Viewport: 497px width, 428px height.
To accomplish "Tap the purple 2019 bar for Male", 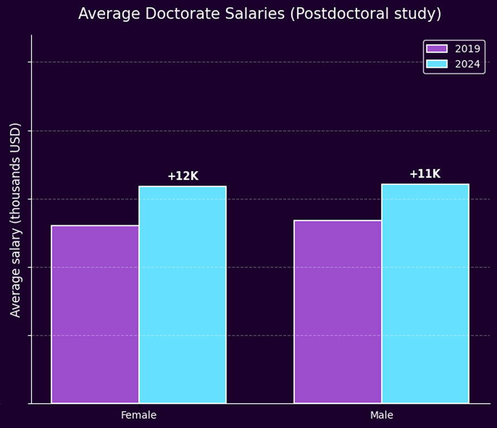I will (x=337, y=312).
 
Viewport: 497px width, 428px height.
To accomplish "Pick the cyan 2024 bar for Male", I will (x=425, y=293).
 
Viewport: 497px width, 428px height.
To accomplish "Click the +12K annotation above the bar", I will (x=182, y=177).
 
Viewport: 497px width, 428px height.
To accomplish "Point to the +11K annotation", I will (x=425, y=174).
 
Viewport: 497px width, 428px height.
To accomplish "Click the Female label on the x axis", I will (x=138, y=416).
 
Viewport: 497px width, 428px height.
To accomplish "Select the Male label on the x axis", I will (x=381, y=416).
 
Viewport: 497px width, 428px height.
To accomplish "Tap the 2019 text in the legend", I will (x=467, y=49).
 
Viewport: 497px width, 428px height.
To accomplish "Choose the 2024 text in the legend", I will (x=467, y=64).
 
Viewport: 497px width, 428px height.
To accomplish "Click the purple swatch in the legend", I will (x=437, y=49).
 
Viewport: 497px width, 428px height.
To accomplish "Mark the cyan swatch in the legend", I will (x=437, y=64).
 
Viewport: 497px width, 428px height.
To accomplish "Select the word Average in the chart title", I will (x=103, y=14).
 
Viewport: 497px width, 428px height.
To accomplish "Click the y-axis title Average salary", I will (x=15, y=271).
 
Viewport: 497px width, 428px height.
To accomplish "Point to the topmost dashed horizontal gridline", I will (x=244, y=62).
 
